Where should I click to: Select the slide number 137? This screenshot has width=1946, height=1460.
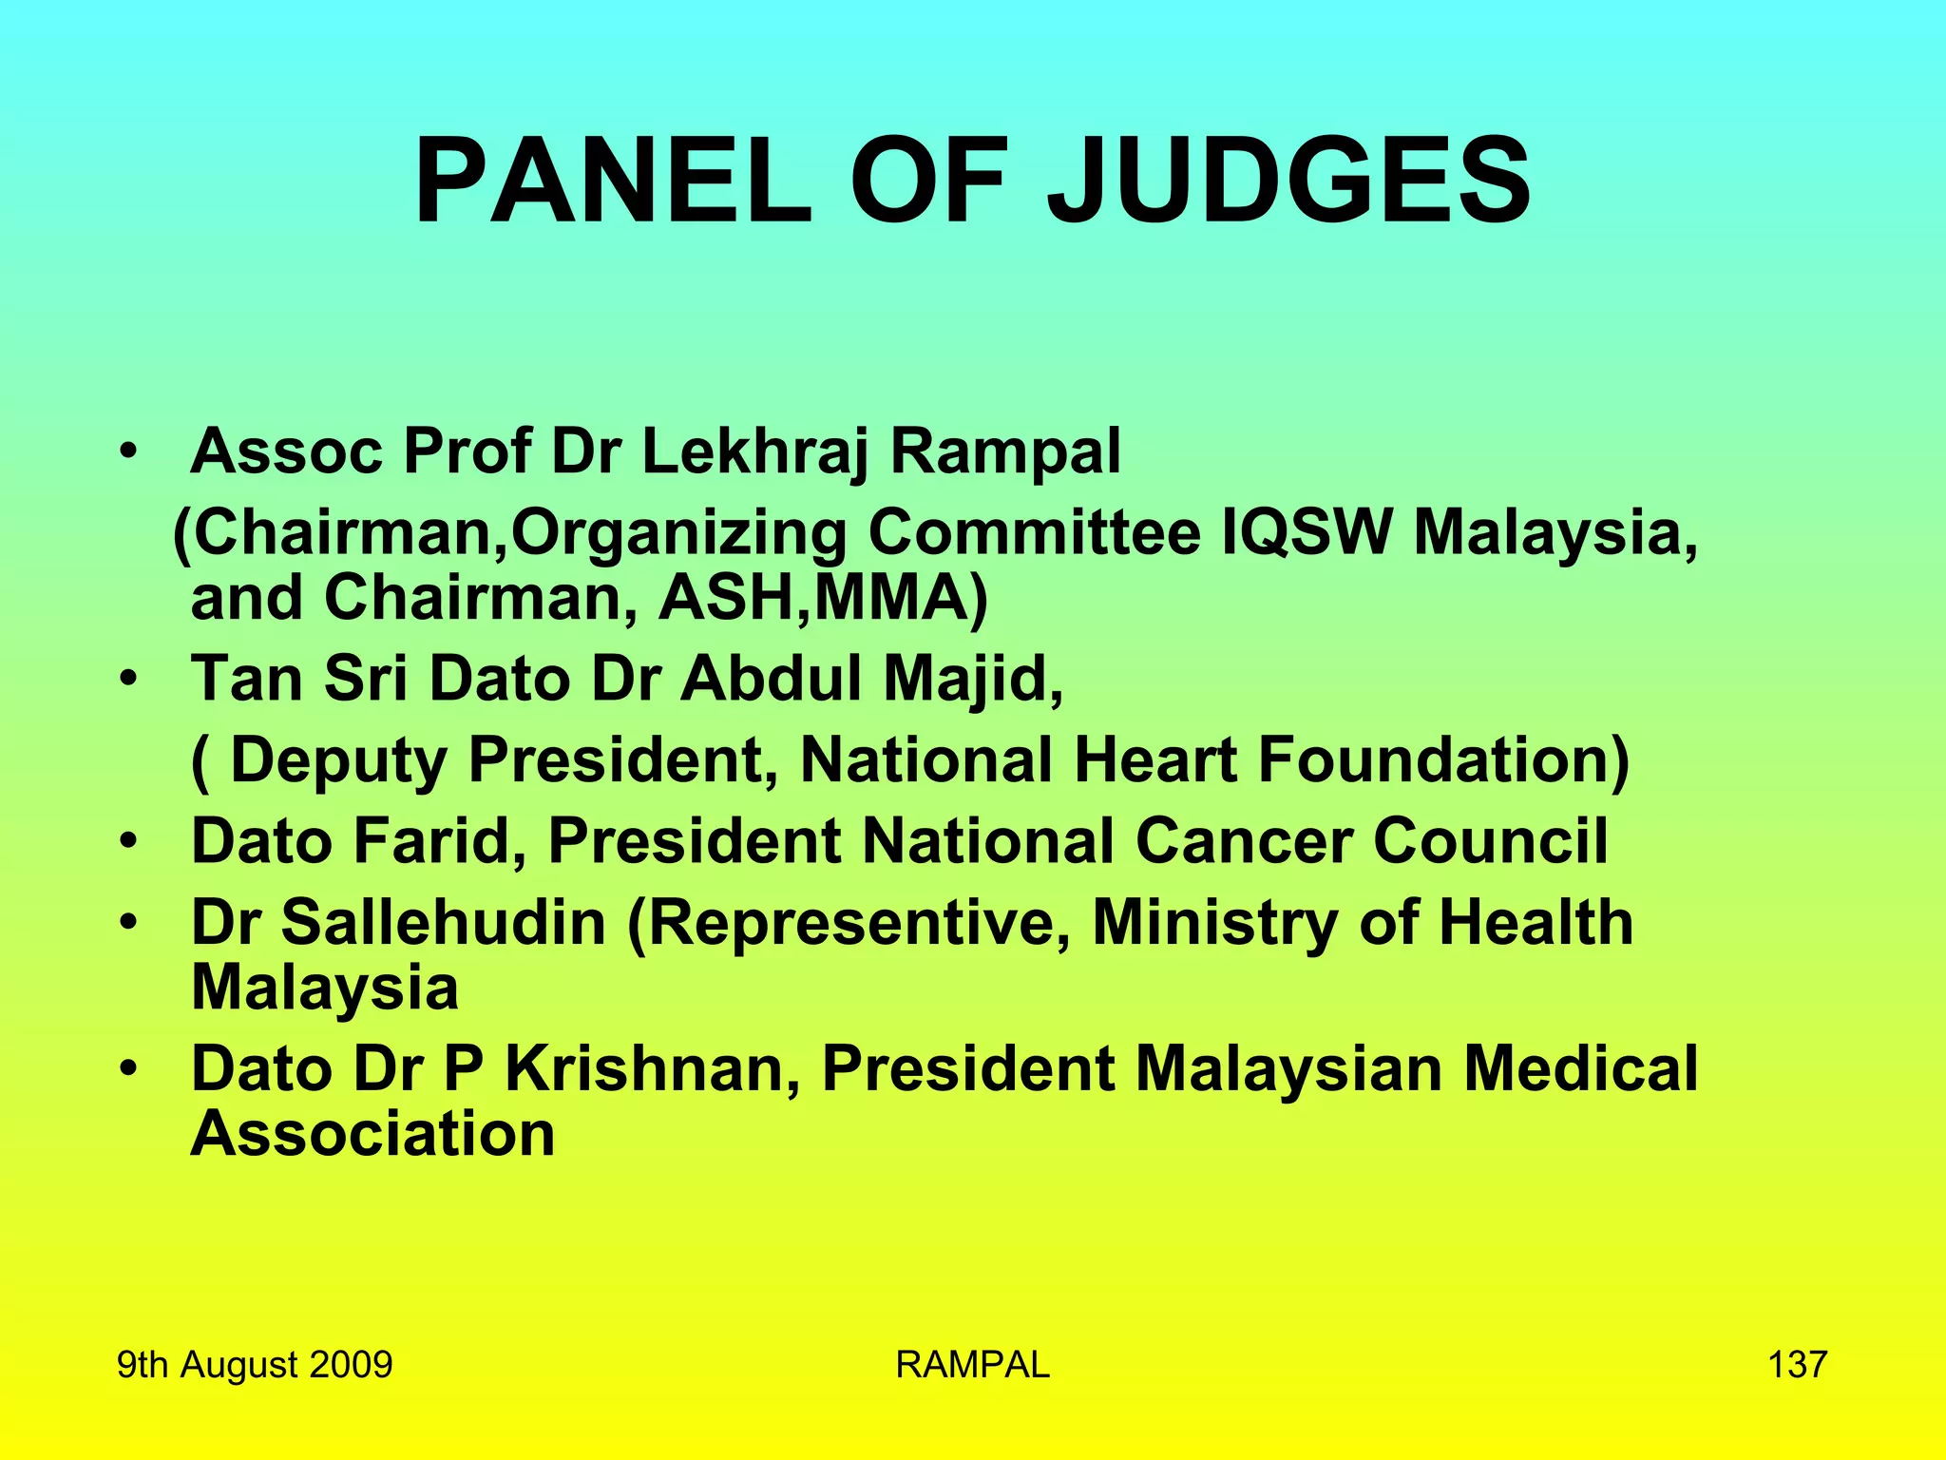pos(1797,1364)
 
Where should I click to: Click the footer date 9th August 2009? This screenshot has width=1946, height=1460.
pos(255,1364)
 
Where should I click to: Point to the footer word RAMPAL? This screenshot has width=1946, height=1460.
pos(972,1364)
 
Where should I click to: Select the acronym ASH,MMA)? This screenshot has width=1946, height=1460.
pos(824,599)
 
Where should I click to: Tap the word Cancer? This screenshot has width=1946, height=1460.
pos(1243,842)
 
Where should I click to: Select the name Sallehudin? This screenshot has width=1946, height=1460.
pos(444,923)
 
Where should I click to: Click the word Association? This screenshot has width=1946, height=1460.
pos(372,1135)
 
